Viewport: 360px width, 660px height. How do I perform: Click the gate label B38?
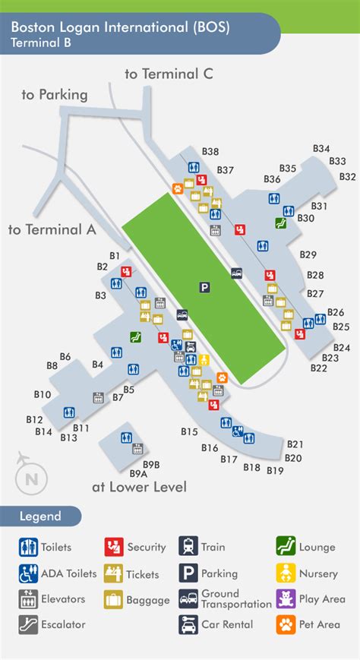(x=210, y=152)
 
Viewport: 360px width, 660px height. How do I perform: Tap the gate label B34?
(x=322, y=149)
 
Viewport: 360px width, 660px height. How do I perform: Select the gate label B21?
(x=295, y=444)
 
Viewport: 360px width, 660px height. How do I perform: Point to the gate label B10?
(x=43, y=395)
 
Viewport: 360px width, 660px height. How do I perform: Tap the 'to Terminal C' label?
(x=169, y=74)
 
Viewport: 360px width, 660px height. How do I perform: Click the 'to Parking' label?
(x=55, y=95)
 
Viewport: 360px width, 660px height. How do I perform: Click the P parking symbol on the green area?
(x=204, y=286)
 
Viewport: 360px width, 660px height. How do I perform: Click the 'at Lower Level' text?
(x=139, y=487)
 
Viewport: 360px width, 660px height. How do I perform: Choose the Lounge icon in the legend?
(x=286, y=547)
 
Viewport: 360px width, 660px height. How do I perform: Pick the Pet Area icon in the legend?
(x=286, y=625)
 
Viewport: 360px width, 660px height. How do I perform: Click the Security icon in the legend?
(x=114, y=547)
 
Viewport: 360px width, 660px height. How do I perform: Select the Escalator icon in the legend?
(x=28, y=625)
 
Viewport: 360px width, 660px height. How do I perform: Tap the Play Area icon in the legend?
(x=286, y=598)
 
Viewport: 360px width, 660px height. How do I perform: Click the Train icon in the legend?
(x=188, y=547)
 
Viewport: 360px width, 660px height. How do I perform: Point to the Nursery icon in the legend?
(x=286, y=573)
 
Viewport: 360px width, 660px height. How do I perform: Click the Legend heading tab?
(x=42, y=516)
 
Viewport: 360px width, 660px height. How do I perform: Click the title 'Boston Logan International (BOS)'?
(x=120, y=27)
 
